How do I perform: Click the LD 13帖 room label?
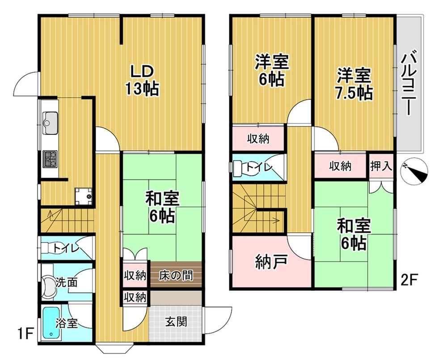[x=142, y=81]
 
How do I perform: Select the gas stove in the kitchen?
[x=50, y=159]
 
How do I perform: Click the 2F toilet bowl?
[x=240, y=168]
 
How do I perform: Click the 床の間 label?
[x=176, y=276]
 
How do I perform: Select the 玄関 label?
[x=177, y=322]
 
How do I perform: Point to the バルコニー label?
[x=409, y=82]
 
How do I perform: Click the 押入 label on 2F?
[x=381, y=165]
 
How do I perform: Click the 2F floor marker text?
[x=409, y=280]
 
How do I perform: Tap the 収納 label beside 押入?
[x=341, y=166]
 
